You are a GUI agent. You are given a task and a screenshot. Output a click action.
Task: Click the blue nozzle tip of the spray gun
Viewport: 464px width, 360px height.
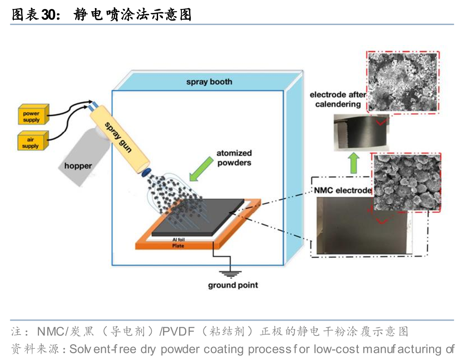click(x=146, y=172)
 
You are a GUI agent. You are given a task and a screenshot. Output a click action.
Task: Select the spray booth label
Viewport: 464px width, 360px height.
click(x=210, y=82)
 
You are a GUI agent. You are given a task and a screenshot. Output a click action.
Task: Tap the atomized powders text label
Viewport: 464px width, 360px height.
click(x=234, y=158)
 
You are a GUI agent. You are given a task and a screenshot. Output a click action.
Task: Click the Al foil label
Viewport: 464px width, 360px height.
click(x=179, y=240)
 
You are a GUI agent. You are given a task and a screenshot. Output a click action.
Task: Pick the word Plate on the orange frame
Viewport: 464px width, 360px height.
click(x=178, y=245)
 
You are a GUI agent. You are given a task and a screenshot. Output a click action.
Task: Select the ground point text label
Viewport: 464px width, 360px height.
click(x=233, y=285)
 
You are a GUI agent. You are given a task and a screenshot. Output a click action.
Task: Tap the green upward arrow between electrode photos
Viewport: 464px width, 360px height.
click(x=354, y=163)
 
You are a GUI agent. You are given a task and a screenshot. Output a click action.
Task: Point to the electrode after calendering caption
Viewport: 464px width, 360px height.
click(x=338, y=99)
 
